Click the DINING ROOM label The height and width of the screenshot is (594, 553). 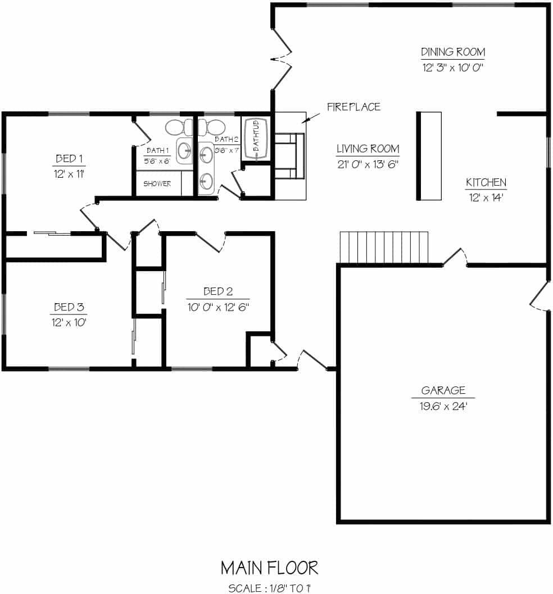click(x=453, y=52)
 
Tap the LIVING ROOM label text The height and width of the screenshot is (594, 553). click(x=368, y=148)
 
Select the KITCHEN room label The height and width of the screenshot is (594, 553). click(x=486, y=182)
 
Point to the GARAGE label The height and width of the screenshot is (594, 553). click(x=443, y=390)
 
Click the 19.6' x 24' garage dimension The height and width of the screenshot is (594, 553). click(x=443, y=406)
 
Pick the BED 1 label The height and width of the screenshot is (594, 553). click(x=69, y=159)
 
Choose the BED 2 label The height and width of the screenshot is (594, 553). click(x=218, y=291)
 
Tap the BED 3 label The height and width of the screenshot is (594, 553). click(x=69, y=307)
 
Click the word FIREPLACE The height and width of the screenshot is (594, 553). click(x=353, y=107)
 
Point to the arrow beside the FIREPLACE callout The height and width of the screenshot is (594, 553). click(x=310, y=118)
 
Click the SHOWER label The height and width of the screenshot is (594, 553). click(x=157, y=184)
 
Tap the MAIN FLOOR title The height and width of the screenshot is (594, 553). click(x=269, y=568)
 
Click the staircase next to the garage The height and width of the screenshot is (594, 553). click(x=384, y=247)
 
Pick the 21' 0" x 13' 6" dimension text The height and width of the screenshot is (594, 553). click(x=368, y=164)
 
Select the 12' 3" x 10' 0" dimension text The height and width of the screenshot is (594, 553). click(x=453, y=67)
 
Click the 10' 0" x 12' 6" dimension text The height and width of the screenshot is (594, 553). click(x=218, y=307)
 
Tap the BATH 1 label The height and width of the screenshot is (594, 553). click(x=157, y=150)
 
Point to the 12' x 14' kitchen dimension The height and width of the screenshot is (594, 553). click(x=486, y=197)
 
